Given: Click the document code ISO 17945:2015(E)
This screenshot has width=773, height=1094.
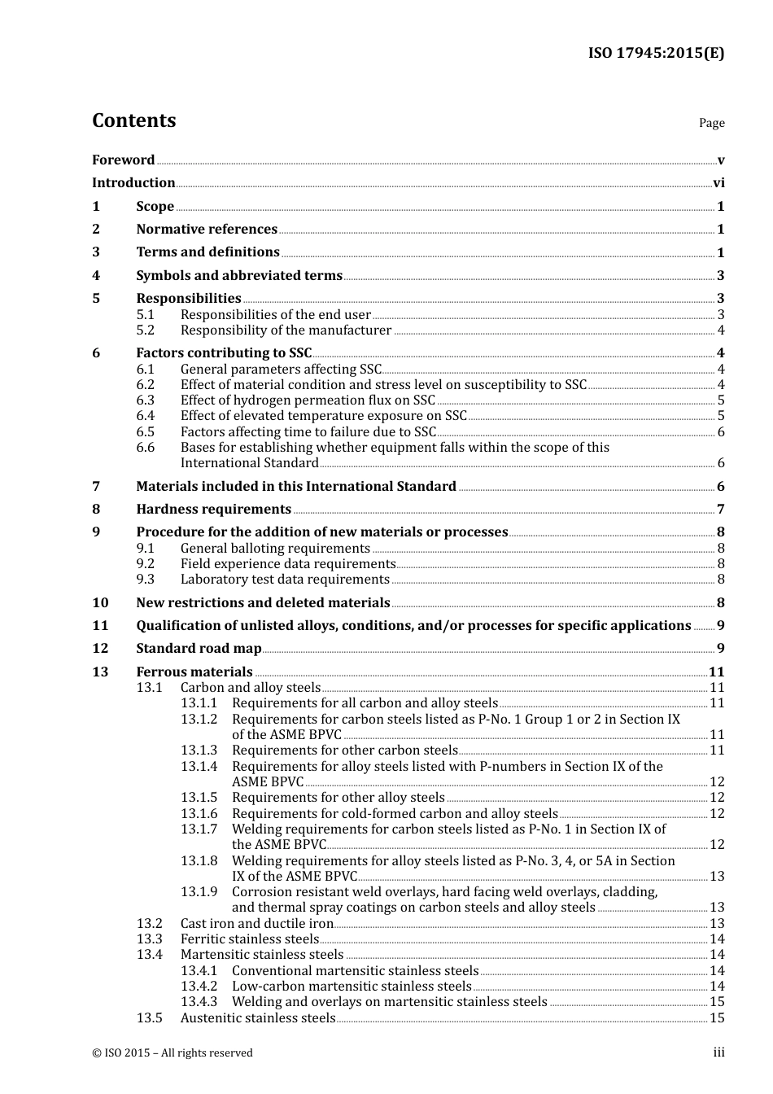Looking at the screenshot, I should [656, 54].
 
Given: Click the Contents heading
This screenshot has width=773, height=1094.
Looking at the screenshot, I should [133, 120].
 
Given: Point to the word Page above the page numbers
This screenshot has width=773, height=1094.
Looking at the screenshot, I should [711, 123].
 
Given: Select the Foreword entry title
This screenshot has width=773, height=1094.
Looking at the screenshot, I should [123, 160].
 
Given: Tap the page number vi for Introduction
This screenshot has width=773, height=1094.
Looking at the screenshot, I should [718, 183].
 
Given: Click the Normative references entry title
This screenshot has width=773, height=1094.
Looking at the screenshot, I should [207, 230].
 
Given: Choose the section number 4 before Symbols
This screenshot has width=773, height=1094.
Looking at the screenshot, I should [96, 276].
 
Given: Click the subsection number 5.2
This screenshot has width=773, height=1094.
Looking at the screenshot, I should [146, 330].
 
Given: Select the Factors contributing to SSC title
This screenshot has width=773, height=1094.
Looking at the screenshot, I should [224, 353].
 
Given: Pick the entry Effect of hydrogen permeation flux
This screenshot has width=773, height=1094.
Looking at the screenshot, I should [308, 400].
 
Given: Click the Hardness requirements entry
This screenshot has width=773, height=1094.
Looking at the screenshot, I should [213, 510].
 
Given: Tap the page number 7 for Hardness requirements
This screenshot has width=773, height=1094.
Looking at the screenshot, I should [720, 510].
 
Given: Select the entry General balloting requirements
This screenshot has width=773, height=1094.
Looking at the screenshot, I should [275, 549].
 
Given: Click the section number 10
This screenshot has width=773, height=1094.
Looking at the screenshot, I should [100, 603].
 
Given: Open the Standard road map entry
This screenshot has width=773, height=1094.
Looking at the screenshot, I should [199, 649].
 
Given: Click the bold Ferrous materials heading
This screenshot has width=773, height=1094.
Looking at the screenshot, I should [194, 672].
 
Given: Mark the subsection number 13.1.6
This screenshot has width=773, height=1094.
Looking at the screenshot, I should [199, 814].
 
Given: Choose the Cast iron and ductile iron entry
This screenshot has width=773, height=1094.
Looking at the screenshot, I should [257, 924].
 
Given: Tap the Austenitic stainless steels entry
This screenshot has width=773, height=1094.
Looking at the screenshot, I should [258, 1018].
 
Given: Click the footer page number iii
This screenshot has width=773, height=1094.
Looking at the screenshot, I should [718, 1052].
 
